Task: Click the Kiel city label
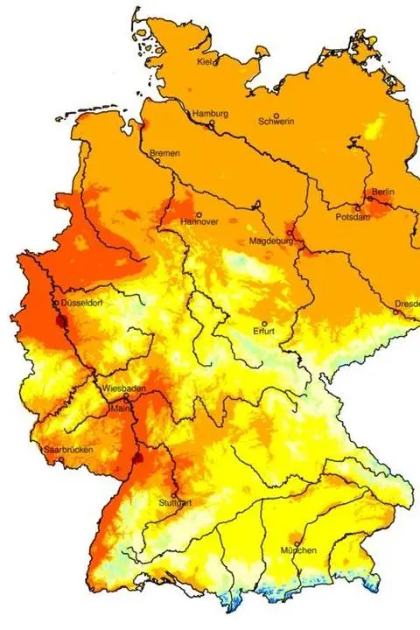pyautogui.click(x=206, y=62)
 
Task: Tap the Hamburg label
pyautogui.click(x=211, y=114)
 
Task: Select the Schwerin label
pyautogui.click(x=276, y=122)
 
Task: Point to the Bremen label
pyautogui.click(x=164, y=153)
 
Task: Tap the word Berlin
pyautogui.click(x=383, y=192)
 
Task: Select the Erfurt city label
pyautogui.click(x=263, y=332)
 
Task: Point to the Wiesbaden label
pyautogui.click(x=122, y=387)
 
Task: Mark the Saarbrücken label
pyautogui.click(x=67, y=451)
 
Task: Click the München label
pyautogui.click(x=298, y=549)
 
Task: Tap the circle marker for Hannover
pyautogui.click(x=199, y=214)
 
